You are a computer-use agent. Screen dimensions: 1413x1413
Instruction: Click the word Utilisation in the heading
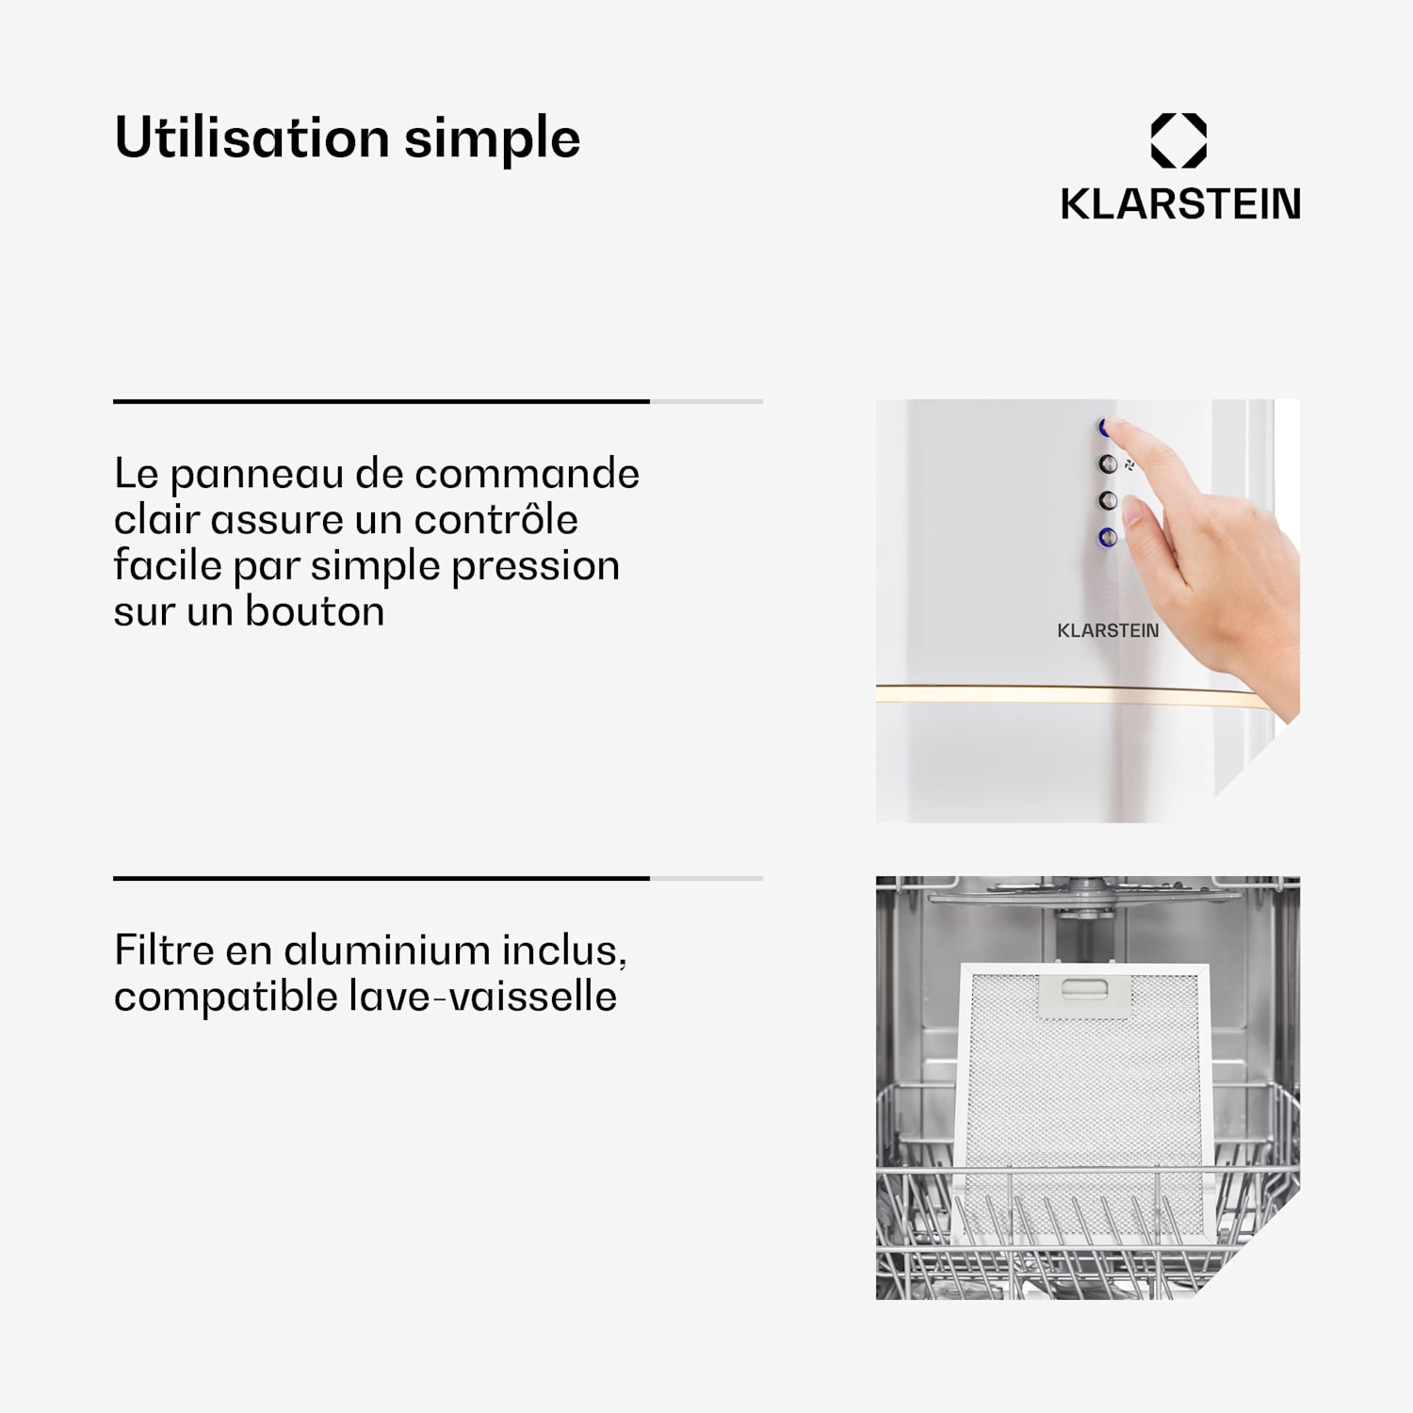[x=251, y=138]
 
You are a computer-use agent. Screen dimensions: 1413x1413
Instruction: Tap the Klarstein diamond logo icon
[x=1178, y=141]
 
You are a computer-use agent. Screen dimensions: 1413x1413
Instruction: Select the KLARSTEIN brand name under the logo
[x=1180, y=204]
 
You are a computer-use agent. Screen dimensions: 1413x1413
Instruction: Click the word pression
[x=535, y=566]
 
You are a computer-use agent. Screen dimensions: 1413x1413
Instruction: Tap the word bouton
[x=315, y=612]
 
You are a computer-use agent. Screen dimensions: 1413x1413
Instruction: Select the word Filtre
[x=164, y=950]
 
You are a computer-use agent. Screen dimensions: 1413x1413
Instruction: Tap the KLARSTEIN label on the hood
[x=1108, y=630]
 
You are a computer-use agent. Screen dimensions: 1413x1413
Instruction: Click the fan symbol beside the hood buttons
[x=1129, y=465]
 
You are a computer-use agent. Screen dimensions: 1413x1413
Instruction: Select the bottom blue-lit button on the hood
[x=1108, y=537]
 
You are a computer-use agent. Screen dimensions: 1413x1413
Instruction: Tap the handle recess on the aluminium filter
[x=1085, y=988]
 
